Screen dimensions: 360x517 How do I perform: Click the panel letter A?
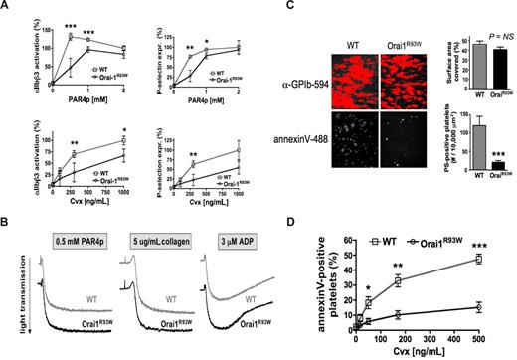point(7,7)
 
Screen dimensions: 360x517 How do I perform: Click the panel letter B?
point(7,199)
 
